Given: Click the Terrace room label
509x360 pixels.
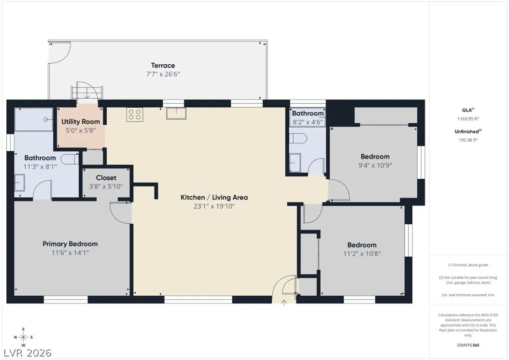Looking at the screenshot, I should pos(163,65).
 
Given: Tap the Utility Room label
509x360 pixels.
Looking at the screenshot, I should pos(81,122).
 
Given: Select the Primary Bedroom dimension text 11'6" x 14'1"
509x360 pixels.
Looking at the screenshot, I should pos(70,253).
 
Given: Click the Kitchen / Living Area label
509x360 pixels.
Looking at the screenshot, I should pos(214,197).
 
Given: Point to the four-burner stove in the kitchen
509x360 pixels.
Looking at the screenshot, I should pos(134,115).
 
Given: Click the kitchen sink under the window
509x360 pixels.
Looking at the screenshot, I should pos(175,113).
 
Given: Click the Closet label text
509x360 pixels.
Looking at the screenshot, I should pos(106,178).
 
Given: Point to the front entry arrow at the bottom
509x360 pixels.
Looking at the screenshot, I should pos(284,302).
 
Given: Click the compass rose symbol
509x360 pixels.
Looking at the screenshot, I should pos(23,337).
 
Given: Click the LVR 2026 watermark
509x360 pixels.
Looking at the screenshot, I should pos(27,353).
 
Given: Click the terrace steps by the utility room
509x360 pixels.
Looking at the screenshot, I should pos(87,92).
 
